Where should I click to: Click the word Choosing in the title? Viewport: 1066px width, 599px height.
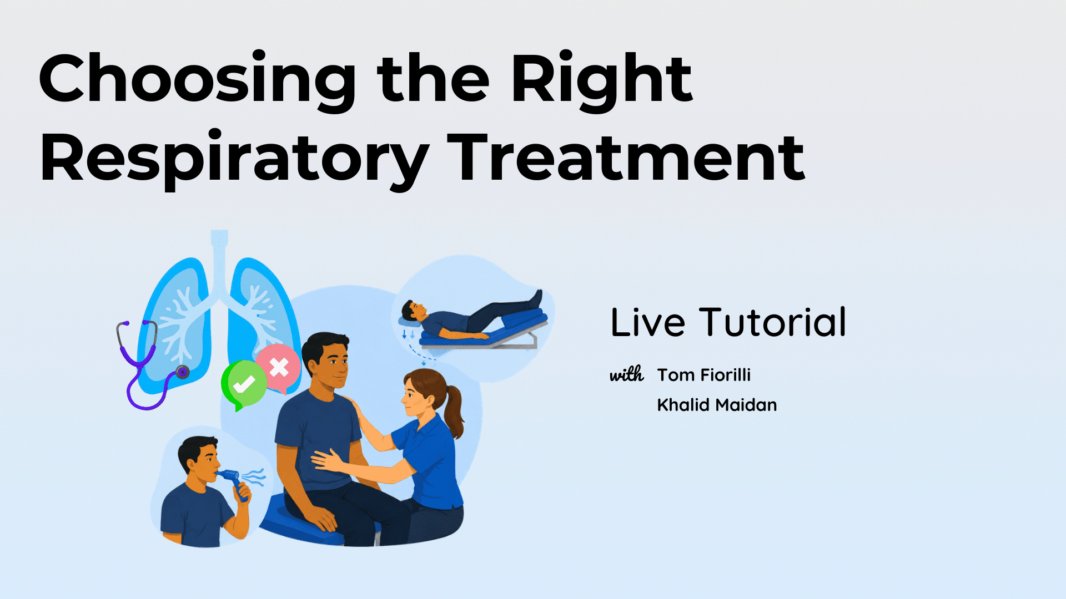[197, 79]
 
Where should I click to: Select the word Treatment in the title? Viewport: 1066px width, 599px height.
[626, 158]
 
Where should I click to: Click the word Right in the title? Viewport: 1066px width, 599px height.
[601, 79]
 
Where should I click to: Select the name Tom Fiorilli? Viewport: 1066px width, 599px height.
[704, 375]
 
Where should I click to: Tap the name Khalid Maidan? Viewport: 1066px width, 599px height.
[717, 405]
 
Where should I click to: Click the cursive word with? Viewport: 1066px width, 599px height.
[627, 375]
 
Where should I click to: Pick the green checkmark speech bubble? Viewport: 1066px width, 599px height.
[243, 384]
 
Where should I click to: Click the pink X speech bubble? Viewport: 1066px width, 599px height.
[278, 367]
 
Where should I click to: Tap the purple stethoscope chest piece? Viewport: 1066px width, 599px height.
[182, 372]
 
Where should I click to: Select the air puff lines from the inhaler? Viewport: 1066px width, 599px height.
[253, 478]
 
